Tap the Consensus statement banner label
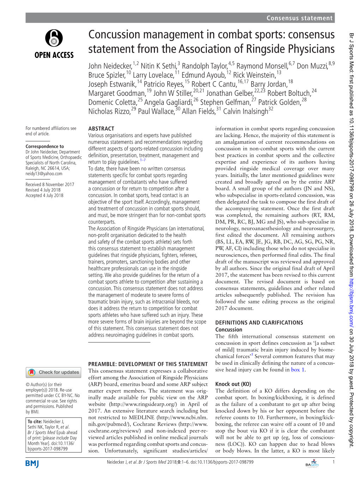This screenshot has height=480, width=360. (x=299, y=18)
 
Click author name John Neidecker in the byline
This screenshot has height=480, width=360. (x=110, y=66)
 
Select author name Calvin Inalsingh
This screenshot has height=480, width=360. (x=246, y=112)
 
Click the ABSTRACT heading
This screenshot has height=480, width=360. (x=101, y=129)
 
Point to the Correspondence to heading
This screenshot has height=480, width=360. (x=45, y=146)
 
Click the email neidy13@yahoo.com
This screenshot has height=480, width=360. (x=44, y=174)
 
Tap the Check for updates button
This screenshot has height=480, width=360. (x=54, y=372)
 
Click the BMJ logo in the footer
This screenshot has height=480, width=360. (x=32, y=464)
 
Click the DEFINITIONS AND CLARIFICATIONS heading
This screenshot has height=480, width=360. (x=259, y=323)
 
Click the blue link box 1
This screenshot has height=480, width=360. (x=298, y=370)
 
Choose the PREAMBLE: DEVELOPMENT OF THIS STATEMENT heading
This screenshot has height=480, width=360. (x=148, y=364)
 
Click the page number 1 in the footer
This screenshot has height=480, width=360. (x=333, y=462)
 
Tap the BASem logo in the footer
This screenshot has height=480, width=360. (x=312, y=464)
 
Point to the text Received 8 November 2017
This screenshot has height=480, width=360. (x=50, y=185)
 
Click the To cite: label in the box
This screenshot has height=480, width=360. (x=35, y=421)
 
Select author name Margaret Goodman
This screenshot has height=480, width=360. (x=117, y=94)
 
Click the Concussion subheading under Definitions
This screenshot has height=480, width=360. (x=229, y=330)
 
